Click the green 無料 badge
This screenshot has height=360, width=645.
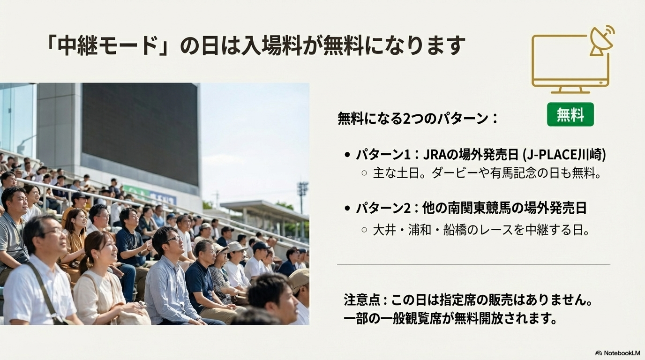tap(570, 114)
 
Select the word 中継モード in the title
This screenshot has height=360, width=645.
tap(107, 45)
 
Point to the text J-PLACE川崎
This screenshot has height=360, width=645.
tap(565, 155)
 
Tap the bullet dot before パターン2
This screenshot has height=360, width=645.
tap(347, 208)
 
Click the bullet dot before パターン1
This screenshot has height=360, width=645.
tap(347, 155)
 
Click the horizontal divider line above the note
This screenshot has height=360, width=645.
tap(473, 264)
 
